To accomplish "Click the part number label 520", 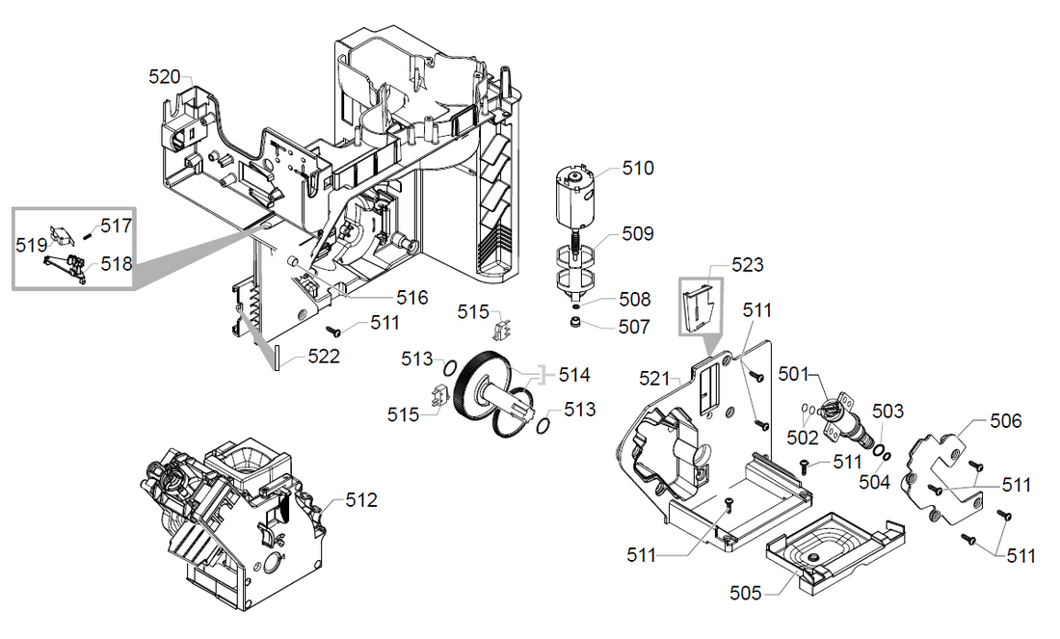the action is tap(164, 76).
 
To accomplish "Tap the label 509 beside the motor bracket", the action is tap(637, 233).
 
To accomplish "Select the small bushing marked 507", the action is tap(575, 322).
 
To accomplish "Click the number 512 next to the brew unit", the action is tap(361, 500).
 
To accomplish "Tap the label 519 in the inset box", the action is tap(31, 246).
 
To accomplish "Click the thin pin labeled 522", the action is tap(276, 358).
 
